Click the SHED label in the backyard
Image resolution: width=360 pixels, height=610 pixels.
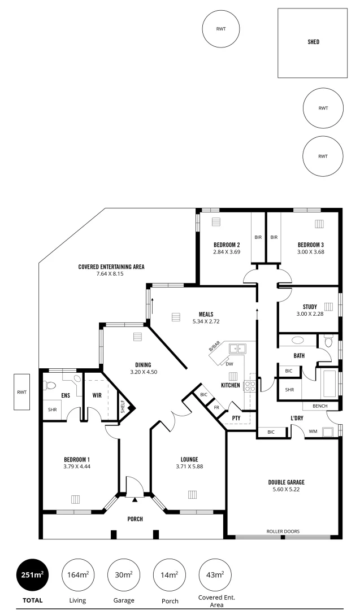tap(313, 42)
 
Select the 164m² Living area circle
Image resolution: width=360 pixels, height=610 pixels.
tap(77, 575)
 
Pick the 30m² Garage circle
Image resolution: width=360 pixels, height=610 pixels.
tap(124, 575)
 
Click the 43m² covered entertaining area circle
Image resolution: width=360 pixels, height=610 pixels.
tap(215, 575)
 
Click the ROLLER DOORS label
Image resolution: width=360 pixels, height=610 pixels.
tap(283, 531)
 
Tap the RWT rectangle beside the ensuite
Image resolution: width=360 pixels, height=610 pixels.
tap(22, 391)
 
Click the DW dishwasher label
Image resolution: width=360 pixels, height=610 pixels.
tap(229, 364)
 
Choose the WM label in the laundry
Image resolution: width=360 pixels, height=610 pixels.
tap(313, 432)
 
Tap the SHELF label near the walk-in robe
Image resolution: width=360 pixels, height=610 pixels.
tap(123, 407)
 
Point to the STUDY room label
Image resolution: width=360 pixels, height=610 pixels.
tap(309, 307)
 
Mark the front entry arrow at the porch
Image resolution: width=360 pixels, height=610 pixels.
tap(135, 500)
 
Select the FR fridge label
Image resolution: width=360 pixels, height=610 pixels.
tap(216, 407)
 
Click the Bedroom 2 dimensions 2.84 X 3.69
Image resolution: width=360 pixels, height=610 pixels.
tap(227, 252)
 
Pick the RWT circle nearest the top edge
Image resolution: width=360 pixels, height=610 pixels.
tap(221, 28)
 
